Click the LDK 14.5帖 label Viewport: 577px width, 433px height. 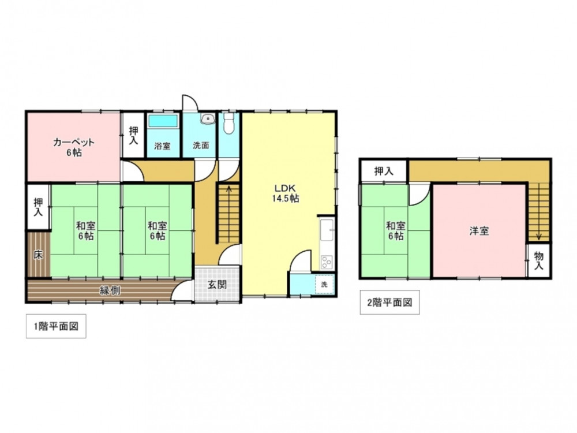pyautogui.click(x=286, y=193)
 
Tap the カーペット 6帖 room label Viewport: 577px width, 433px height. pyautogui.click(x=74, y=147)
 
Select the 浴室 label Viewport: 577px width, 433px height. pyautogui.click(x=162, y=146)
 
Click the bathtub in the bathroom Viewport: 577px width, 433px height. pyautogui.click(x=162, y=121)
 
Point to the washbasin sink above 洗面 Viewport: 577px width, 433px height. pyautogui.click(x=208, y=118)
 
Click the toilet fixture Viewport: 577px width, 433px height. pyautogui.click(x=229, y=123)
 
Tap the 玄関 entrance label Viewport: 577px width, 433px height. pyautogui.click(x=217, y=285)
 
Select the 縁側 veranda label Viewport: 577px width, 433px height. pyautogui.click(x=110, y=291)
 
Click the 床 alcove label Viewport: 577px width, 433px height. pyautogui.click(x=38, y=255)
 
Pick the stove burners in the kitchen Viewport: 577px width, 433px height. pyautogui.click(x=327, y=262)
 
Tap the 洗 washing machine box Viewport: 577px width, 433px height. pyautogui.click(x=324, y=284)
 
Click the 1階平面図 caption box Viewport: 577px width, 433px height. pyautogui.click(x=56, y=326)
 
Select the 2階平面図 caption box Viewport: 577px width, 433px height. pyautogui.click(x=389, y=303)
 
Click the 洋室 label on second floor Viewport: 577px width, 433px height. pyautogui.click(x=479, y=231)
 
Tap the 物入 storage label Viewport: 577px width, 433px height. pyautogui.click(x=539, y=260)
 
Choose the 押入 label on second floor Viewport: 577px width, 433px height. pyautogui.click(x=384, y=171)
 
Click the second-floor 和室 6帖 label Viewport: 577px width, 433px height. pyautogui.click(x=396, y=231)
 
